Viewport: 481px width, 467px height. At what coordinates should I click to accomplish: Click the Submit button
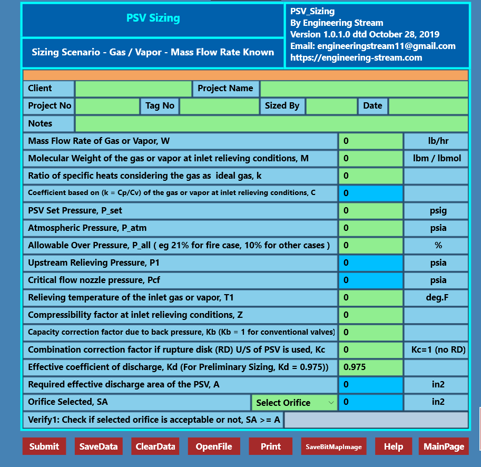pyautogui.click(x=44, y=446)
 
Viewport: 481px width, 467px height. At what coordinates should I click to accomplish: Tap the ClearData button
pyautogui.click(x=155, y=446)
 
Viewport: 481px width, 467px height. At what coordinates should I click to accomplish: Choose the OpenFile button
pyautogui.click(x=214, y=446)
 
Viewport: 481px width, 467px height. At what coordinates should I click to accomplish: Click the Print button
pyautogui.click(x=271, y=446)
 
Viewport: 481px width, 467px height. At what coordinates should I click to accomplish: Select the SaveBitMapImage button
pyautogui.click(x=334, y=446)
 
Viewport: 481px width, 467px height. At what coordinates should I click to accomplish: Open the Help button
pyautogui.click(x=394, y=446)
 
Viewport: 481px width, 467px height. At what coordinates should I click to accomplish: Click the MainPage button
pyautogui.click(x=444, y=446)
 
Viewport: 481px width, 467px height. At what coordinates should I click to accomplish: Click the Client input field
pyautogui.click(x=134, y=89)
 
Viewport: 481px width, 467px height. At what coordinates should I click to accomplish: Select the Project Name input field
pyautogui.click(x=364, y=89)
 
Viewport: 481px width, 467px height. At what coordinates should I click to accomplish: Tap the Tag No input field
pyautogui.click(x=220, y=106)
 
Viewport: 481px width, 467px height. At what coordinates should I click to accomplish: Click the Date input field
pyautogui.click(x=428, y=106)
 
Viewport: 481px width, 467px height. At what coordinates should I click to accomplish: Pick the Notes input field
pyautogui.click(x=271, y=123)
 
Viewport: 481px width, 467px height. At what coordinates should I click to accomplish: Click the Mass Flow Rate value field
pyautogui.click(x=370, y=141)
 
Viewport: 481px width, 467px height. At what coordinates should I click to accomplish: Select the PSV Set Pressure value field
pyautogui.click(x=370, y=211)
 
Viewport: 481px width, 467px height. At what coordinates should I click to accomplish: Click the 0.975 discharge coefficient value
pyautogui.click(x=370, y=367)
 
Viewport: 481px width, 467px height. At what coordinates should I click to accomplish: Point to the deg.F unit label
pyautogui.click(x=437, y=298)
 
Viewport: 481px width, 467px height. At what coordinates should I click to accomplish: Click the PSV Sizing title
pyautogui.click(x=153, y=18)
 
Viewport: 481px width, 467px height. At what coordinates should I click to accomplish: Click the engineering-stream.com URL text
pyautogui.click(x=356, y=58)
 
